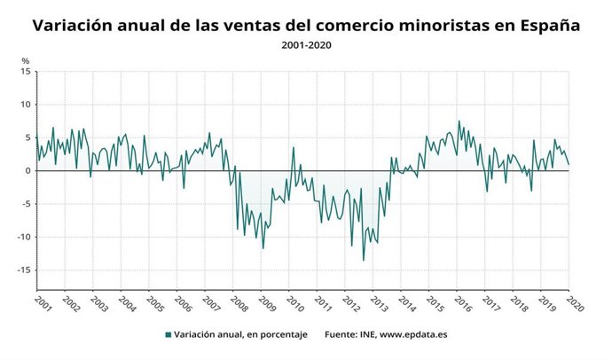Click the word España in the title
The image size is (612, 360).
pos(549,26)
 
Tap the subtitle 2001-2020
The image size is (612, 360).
pos(306,44)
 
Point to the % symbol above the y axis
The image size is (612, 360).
pos(26,60)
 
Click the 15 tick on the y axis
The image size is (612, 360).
pos(27,72)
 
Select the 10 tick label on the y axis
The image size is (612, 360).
pos(27,105)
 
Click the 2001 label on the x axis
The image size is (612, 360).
pos(41,303)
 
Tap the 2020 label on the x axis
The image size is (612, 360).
pos(572,303)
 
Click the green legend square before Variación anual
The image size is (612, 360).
pos(168,335)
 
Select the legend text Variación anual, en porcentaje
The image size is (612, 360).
pos(239,335)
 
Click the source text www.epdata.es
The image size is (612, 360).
pos(419,335)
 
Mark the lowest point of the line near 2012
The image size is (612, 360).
pos(363,261)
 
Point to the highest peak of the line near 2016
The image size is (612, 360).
pos(459,121)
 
